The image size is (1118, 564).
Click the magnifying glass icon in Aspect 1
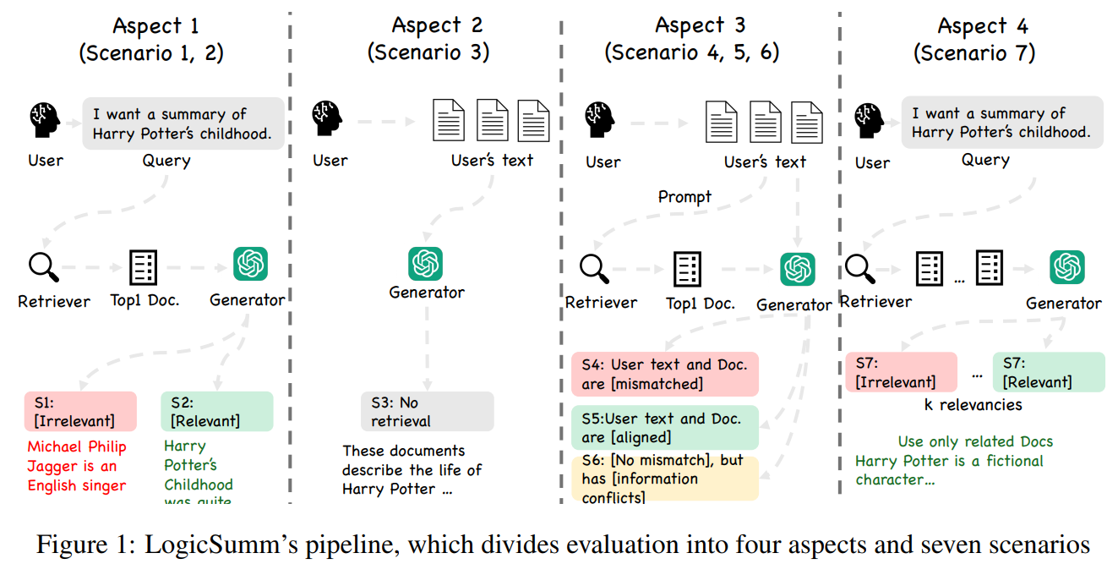[x=42, y=267]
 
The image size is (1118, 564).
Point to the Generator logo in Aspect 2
[x=426, y=264]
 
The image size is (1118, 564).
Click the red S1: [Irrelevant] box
[x=80, y=411]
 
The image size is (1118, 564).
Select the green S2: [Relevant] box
[x=216, y=411]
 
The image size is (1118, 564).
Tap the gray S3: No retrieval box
[x=427, y=411]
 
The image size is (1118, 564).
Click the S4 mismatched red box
[x=664, y=374]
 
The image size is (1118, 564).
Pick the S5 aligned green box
[x=664, y=427]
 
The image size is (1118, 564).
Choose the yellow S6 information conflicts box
[x=664, y=479]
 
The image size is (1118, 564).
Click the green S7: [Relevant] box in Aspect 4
[x=1048, y=372]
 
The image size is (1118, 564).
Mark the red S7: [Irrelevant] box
[x=901, y=372]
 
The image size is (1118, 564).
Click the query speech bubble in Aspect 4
[x=1001, y=123]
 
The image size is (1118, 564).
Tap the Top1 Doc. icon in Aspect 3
[x=687, y=269]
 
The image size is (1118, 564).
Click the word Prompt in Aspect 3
[x=684, y=197]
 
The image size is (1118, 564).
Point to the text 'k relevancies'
[x=973, y=405]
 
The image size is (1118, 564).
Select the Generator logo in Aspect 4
[x=1066, y=267]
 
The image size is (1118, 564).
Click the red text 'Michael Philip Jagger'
[x=76, y=456]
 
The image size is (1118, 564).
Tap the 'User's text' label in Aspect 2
[x=493, y=160]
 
